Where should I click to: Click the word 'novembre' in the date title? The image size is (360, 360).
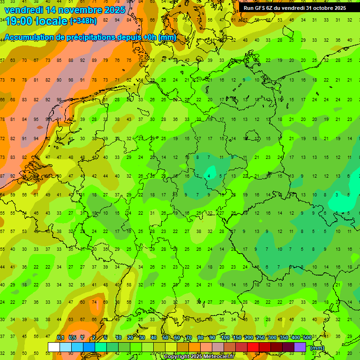[73, 10]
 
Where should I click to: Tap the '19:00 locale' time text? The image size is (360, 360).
[36, 22]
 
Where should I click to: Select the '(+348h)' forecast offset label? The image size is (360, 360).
[83, 21]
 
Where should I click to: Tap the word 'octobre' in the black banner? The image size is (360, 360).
[321, 8]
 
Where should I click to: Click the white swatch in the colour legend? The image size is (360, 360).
[54, 347]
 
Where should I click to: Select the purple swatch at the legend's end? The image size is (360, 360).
[300, 347]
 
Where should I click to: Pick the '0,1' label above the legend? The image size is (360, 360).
[60, 338]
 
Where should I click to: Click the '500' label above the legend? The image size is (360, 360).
[307, 338]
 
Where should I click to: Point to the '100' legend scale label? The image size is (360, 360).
[225, 338]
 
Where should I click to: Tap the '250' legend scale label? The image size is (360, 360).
[260, 338]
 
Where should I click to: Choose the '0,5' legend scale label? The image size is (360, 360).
[72, 338]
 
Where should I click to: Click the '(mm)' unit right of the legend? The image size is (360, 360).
[317, 348]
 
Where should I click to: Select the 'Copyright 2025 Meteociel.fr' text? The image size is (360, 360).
[199, 357]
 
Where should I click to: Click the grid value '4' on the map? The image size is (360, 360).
[209, 176]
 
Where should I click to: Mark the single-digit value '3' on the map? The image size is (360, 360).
[337, 195]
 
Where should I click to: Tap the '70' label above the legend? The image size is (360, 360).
[189, 338]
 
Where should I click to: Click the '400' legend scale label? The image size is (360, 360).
[295, 338]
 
